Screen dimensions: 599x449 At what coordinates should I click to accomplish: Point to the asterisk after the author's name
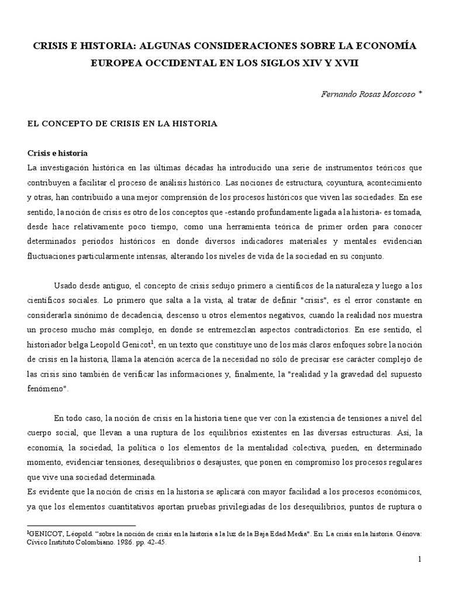click(x=419, y=92)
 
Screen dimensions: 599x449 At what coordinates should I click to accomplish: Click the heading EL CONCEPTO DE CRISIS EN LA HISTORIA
click(x=122, y=123)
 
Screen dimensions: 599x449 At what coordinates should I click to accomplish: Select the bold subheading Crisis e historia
click(x=58, y=153)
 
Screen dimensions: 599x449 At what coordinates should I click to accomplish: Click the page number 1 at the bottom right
click(x=419, y=560)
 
